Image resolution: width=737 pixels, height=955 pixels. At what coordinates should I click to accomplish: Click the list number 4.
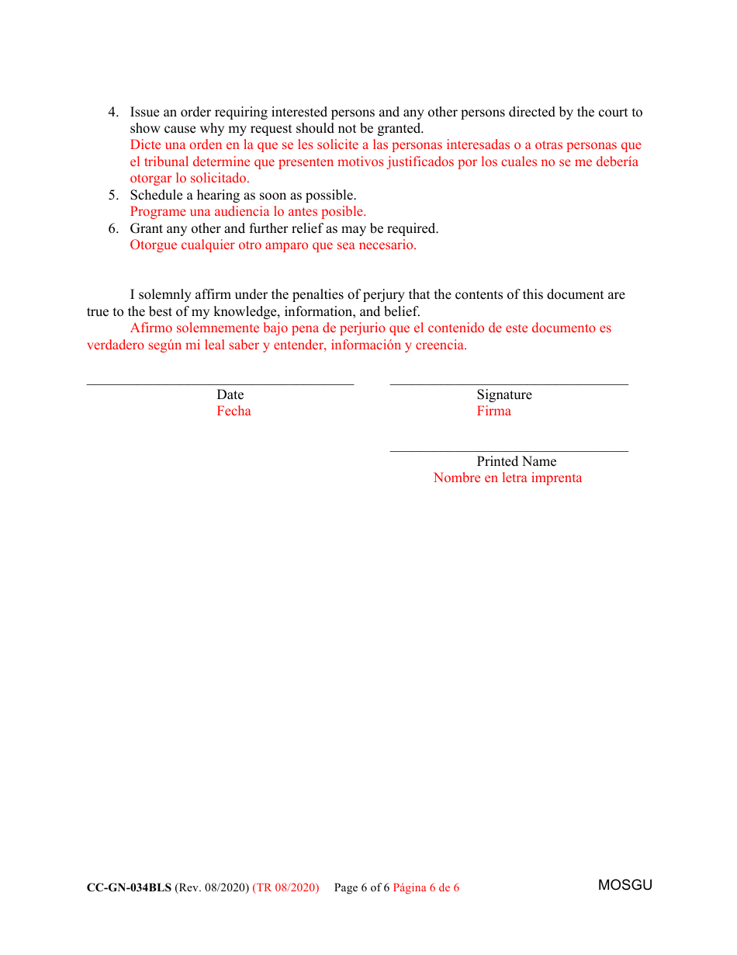pos(112,113)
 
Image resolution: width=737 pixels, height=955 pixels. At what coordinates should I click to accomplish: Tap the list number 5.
pos(112,196)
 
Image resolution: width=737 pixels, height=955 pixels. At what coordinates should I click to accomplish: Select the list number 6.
pos(112,229)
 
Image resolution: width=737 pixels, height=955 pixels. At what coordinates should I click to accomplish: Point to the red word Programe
pos(158,212)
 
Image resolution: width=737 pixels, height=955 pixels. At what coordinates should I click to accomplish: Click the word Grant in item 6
pos(147,229)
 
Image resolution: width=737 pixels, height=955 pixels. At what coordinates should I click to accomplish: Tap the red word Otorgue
pos(154,245)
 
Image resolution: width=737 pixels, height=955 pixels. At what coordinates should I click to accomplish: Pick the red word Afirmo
pos(152,328)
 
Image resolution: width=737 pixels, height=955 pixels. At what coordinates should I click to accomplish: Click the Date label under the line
pos(230,395)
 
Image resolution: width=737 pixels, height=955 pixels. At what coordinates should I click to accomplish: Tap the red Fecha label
pos(234,412)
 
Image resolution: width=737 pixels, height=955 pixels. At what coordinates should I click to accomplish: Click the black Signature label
pos(504,395)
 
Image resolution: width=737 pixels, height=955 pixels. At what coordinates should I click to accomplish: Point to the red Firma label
pos(494,412)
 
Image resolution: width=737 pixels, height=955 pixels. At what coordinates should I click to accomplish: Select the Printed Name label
pos(517,462)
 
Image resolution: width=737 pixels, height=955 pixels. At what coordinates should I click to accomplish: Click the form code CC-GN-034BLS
pos(129,888)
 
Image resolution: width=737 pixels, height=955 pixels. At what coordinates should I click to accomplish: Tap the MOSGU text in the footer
pos(625,886)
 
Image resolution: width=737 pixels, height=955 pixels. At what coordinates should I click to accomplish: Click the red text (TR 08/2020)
pos(285,888)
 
